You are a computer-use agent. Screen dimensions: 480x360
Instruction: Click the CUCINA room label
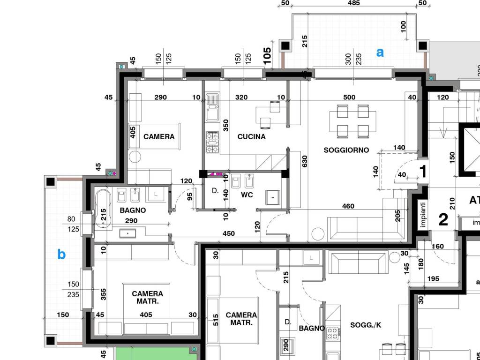(x=251, y=136)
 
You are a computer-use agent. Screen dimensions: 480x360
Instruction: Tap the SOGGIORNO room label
(x=346, y=150)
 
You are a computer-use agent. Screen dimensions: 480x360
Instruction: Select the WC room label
(x=247, y=195)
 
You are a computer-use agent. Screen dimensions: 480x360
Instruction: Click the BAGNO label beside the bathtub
(x=133, y=210)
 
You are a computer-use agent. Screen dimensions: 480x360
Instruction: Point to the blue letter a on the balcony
(x=380, y=52)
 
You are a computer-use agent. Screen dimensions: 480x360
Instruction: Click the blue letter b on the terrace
(x=61, y=254)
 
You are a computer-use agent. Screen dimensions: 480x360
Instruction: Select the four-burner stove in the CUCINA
(x=212, y=142)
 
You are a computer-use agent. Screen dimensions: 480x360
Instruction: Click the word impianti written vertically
(x=423, y=214)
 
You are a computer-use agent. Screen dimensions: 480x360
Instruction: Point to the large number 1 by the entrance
(x=423, y=172)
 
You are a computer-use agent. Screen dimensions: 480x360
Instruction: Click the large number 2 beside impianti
(x=443, y=219)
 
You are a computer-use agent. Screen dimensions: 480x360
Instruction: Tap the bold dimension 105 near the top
(x=267, y=55)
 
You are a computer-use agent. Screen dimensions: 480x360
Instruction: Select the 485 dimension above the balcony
(x=353, y=3)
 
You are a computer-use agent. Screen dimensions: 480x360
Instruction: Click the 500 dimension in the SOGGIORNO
(x=349, y=97)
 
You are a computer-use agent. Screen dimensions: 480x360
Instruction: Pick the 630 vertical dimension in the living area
(x=304, y=161)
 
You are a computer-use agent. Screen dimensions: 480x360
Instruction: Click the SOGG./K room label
(x=366, y=325)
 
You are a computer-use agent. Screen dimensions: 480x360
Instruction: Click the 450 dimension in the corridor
(x=229, y=233)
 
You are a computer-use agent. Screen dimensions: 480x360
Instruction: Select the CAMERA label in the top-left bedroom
(x=159, y=136)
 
